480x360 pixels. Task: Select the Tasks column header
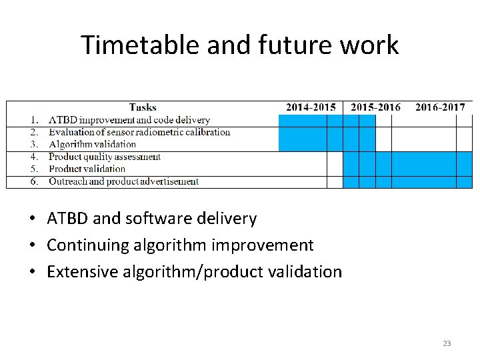[x=143, y=107]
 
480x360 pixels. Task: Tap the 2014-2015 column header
[x=311, y=107]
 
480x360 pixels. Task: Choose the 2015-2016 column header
[x=375, y=107]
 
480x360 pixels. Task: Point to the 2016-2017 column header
[x=440, y=107]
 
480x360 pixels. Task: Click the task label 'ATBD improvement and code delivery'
[x=129, y=120]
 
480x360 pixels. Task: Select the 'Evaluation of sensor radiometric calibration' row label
[x=139, y=132]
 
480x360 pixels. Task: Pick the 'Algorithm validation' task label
[x=92, y=144]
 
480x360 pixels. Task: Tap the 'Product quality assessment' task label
[x=105, y=157]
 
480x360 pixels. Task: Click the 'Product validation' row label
[x=87, y=169]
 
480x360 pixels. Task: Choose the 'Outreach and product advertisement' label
[x=123, y=181]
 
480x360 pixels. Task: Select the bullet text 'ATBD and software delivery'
[x=151, y=219]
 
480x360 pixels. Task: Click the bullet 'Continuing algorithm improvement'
[x=179, y=245]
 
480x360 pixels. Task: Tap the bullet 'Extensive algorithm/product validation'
[x=194, y=272]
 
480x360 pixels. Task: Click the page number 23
[x=447, y=344]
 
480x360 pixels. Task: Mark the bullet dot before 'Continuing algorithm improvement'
[x=32, y=246]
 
